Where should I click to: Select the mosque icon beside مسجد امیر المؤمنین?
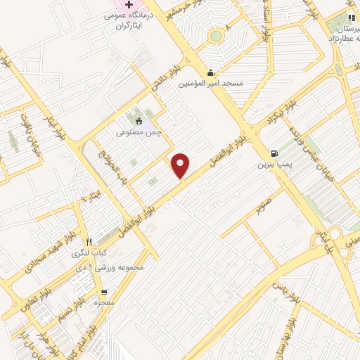pos(210,72)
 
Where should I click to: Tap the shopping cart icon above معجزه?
pos(104,291)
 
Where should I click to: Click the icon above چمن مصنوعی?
pos(138,121)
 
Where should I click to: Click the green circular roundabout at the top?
pos(216,35)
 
